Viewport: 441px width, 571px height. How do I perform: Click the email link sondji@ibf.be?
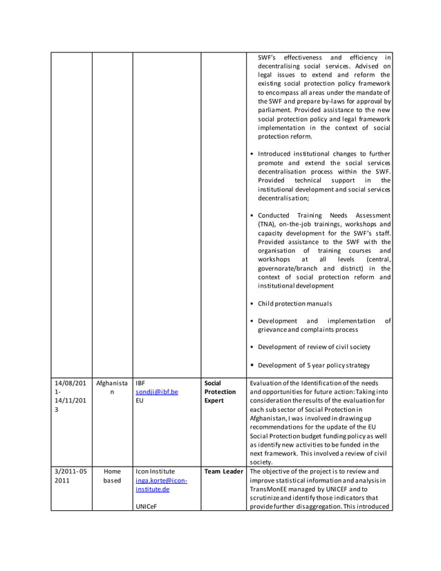(157, 391)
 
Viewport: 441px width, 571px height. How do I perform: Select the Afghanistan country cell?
(112, 386)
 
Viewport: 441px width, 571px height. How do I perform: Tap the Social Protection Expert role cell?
(220, 391)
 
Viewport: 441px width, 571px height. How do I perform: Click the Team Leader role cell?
(223, 471)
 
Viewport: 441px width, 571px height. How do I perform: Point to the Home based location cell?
(112, 476)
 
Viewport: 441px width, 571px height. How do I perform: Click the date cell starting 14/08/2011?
(71, 396)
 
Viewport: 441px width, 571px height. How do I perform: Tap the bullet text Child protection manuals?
(294, 303)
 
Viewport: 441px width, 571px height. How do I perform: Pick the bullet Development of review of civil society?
(314, 346)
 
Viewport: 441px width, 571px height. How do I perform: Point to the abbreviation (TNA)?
(266, 224)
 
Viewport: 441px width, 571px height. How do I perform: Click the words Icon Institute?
(156, 471)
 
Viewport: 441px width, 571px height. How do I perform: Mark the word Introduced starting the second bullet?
(277, 153)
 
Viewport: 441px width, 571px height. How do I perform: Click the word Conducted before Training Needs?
(274, 215)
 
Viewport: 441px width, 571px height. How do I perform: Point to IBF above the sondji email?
(140, 382)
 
